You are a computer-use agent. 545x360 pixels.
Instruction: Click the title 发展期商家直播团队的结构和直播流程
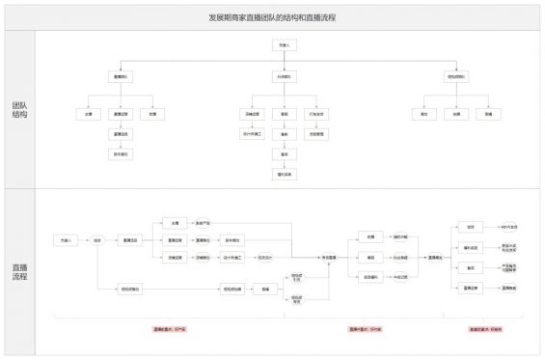pyautogui.click(x=272, y=18)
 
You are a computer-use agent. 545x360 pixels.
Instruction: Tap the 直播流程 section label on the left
pyautogui.click(x=18, y=270)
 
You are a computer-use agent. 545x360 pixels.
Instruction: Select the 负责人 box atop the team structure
pyautogui.click(x=283, y=45)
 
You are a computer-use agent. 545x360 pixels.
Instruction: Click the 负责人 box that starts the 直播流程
pyautogui.click(x=67, y=239)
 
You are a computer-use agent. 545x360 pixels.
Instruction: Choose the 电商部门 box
pyautogui.click(x=283, y=76)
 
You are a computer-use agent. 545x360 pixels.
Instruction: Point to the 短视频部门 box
pyautogui.click(x=456, y=76)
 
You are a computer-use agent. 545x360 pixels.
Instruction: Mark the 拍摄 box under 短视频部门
pyautogui.click(x=456, y=114)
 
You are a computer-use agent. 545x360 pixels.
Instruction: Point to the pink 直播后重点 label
pyautogui.click(x=485, y=329)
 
